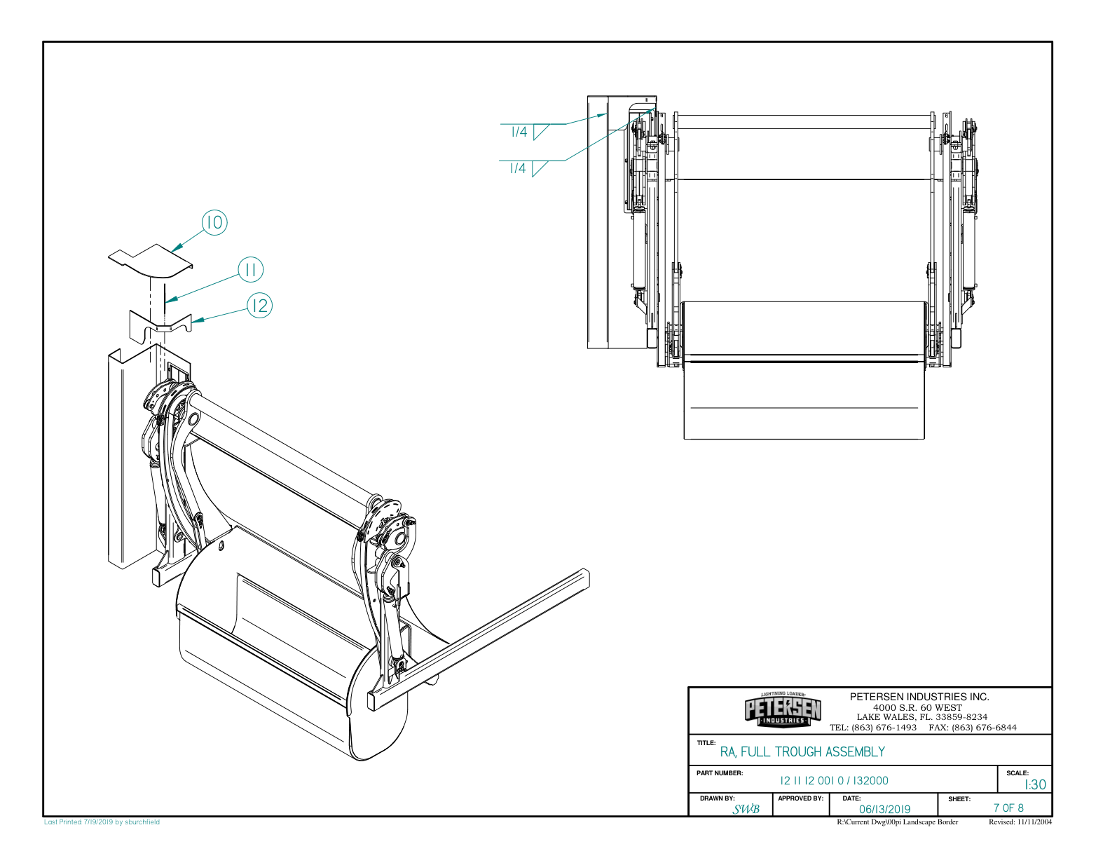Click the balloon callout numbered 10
pos(215,222)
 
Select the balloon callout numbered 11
pos(251,269)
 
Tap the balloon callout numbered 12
pos(260,306)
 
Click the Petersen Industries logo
pos(783,711)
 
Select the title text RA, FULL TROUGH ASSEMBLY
pos(802,752)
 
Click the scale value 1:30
pos(1034,785)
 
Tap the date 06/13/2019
pos(884,809)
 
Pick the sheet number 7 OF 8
pos(1008,808)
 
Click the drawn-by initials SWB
pos(746,810)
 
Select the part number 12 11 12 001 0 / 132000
pos(834,781)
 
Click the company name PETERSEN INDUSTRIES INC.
pos(919,697)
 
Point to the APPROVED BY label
pos(800,798)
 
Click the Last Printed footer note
pos(102,822)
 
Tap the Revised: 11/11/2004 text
pos(1020,822)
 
